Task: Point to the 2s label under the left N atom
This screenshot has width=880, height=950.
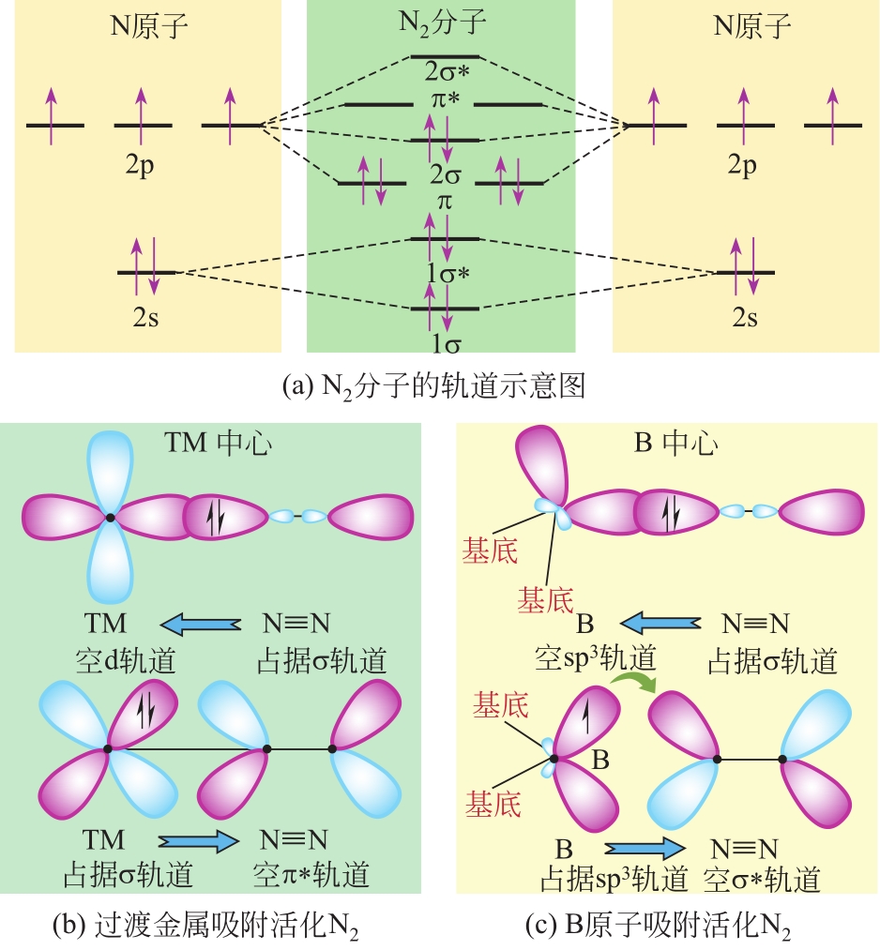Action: click(146, 316)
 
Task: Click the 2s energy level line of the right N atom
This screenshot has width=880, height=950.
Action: click(745, 272)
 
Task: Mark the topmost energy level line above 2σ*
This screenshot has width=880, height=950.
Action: click(445, 57)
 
